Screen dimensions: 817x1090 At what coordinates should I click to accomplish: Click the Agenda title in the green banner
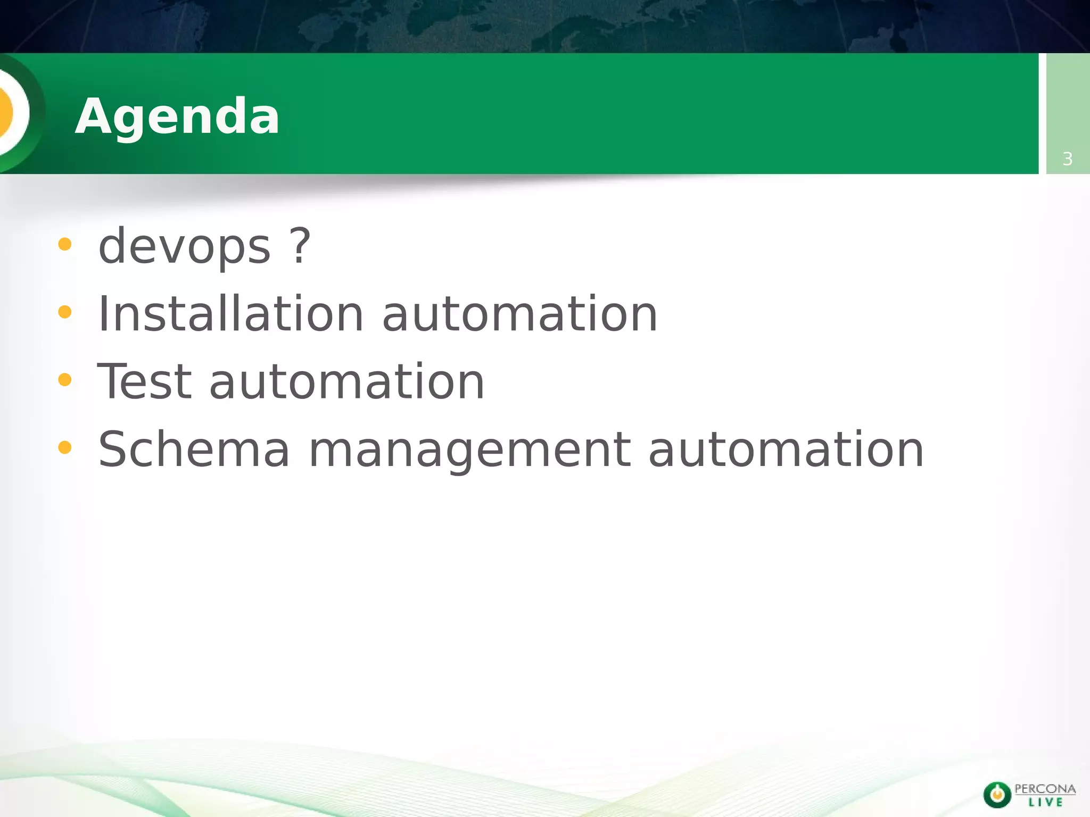[x=177, y=116]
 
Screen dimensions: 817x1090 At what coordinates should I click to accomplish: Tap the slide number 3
[x=1067, y=159]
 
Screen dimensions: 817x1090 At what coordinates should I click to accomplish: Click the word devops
[x=185, y=246]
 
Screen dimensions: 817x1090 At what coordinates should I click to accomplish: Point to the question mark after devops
[x=300, y=245]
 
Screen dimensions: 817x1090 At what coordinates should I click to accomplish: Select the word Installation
[x=230, y=314]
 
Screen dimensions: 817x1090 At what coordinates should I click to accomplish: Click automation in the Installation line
[x=519, y=314]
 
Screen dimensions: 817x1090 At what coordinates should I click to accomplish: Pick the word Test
[x=144, y=381]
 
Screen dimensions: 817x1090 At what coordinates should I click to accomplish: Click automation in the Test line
[x=346, y=381]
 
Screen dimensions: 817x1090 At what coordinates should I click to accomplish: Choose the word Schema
[x=194, y=449]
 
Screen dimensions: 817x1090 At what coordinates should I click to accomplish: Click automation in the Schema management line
[x=786, y=449]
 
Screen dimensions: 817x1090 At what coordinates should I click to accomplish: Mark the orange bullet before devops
[x=64, y=245]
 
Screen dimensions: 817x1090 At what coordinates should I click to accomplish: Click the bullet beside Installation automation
[x=64, y=312]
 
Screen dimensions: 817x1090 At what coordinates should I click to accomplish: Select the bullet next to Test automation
[x=64, y=380]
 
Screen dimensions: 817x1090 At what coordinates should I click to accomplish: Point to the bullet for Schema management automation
[x=64, y=447]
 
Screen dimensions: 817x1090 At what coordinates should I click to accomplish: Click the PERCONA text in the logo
[x=1045, y=789]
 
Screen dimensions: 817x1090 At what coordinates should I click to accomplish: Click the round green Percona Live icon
[x=997, y=795]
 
